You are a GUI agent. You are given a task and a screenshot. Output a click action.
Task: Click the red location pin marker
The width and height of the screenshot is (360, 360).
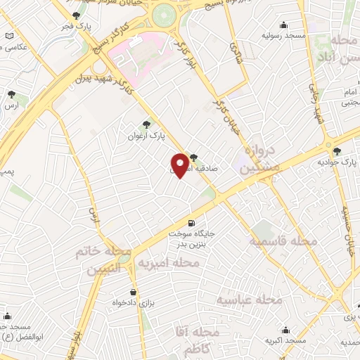coord(181,165)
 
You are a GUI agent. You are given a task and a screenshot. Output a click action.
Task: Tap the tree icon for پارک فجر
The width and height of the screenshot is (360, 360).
coord(76,15)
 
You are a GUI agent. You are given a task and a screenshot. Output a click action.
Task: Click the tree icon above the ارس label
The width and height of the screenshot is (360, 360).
coord(11,94)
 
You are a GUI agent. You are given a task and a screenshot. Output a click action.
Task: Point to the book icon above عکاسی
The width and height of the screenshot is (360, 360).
coord(8,36)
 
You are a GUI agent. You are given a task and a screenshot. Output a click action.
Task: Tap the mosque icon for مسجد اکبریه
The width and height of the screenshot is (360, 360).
coord(286,330)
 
